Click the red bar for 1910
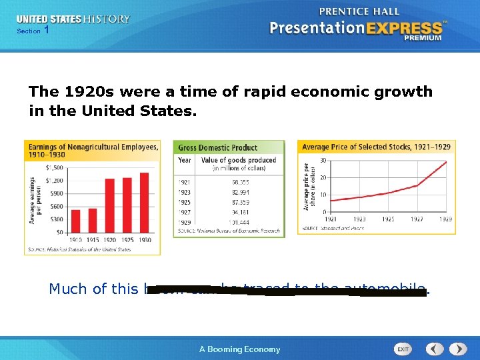coord(76,221)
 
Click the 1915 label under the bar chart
coord(93,240)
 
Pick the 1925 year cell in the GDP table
coord(185,201)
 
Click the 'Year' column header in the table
coord(185,160)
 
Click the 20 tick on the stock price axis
coord(323,177)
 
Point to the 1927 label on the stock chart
coord(417,219)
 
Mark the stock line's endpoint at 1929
coord(446,161)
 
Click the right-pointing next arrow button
coord(458,349)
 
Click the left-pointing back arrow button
coord(435,349)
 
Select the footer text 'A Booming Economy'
coord(240,349)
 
